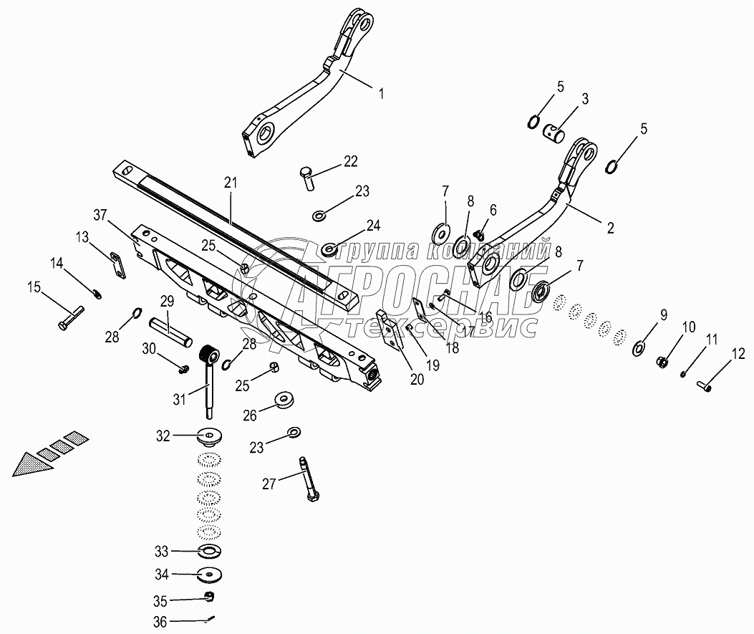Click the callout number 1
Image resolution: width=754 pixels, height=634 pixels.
tap(382, 93)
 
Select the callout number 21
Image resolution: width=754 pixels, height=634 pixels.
tap(231, 183)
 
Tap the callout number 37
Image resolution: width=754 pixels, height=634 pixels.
tap(100, 215)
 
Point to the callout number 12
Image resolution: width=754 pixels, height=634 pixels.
tap(738, 354)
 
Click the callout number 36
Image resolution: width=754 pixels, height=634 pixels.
tap(160, 622)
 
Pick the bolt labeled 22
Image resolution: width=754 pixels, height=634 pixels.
tap(307, 178)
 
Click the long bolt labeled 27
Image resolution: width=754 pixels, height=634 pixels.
tap(308, 479)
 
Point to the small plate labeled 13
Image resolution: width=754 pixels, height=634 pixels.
tap(118, 266)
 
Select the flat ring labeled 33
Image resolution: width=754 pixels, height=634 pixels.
tap(210, 550)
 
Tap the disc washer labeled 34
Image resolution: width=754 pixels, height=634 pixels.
tap(210, 575)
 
